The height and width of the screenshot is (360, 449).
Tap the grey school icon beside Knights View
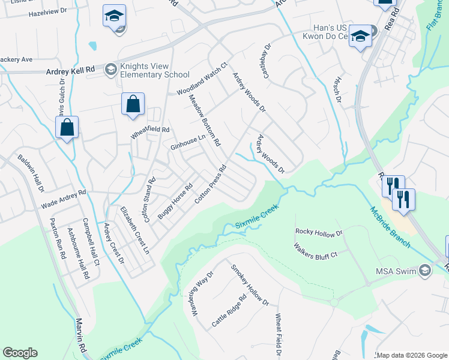click(110, 70)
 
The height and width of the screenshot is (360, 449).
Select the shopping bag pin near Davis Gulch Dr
click(67, 127)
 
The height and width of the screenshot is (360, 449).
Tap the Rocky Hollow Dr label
click(319, 232)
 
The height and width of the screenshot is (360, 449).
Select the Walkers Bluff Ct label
click(315, 250)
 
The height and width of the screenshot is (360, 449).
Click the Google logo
click(20, 353)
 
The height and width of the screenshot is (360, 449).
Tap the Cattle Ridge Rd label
click(229, 311)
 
